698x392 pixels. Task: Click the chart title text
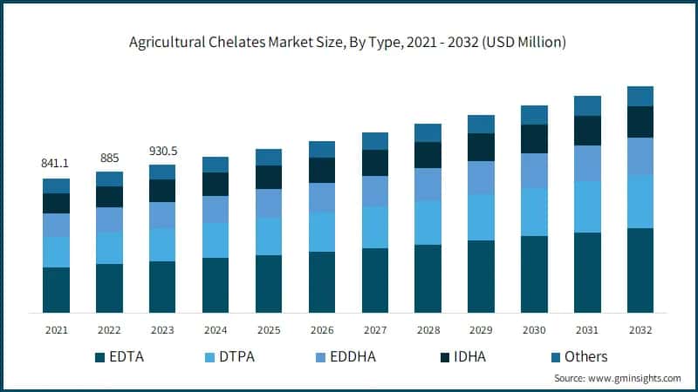pyautogui.click(x=348, y=42)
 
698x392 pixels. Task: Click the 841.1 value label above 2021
pyautogui.click(x=56, y=163)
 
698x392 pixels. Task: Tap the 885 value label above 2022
pyautogui.click(x=109, y=158)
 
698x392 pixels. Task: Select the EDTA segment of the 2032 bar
pyautogui.click(x=640, y=270)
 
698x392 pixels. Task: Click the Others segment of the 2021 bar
pyautogui.click(x=56, y=186)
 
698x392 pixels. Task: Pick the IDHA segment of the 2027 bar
pyautogui.click(x=375, y=163)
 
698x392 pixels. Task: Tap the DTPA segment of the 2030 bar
pyautogui.click(x=534, y=212)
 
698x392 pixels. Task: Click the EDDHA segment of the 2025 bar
pyautogui.click(x=269, y=203)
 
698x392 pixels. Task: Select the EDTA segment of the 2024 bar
pyautogui.click(x=216, y=285)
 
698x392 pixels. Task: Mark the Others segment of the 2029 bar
pyautogui.click(x=481, y=124)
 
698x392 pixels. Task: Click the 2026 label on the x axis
pyautogui.click(x=322, y=330)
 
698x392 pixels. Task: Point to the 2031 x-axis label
pyautogui.click(x=587, y=330)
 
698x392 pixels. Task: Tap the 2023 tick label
pyautogui.click(x=162, y=330)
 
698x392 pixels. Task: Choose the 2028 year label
pyautogui.click(x=428, y=330)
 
